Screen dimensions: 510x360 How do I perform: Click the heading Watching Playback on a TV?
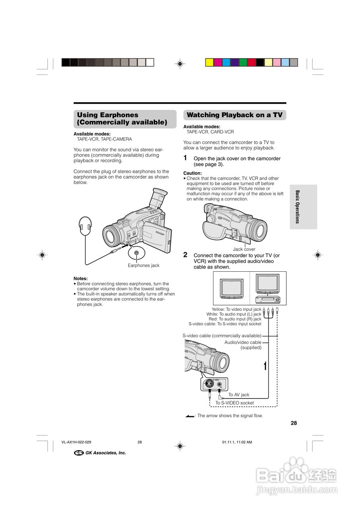[235, 115]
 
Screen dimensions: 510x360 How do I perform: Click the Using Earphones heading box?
[125, 119]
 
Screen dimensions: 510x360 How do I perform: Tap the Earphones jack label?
[143, 265]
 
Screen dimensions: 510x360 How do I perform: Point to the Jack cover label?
[244, 249]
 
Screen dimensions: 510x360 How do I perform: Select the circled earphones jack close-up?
[137, 253]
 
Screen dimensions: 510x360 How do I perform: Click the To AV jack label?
[239, 395]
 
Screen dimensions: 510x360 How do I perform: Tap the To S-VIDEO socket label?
[235, 403]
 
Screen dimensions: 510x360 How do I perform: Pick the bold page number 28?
[294, 423]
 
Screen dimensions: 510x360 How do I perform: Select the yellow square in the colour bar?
[209, 62]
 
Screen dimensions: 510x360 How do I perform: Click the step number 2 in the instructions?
[185, 255]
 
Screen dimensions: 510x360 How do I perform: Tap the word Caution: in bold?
[192, 173]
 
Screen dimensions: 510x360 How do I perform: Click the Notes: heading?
[80, 279]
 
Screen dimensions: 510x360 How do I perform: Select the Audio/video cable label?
[243, 342]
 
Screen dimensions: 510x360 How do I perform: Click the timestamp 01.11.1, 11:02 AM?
[237, 442]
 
